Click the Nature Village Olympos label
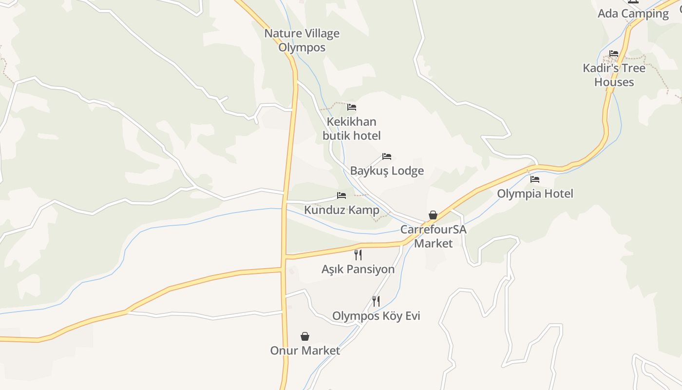coord(302,40)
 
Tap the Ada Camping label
coord(633,14)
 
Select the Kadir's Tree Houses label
coord(614,75)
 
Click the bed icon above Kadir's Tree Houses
coord(614,54)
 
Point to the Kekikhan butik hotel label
coord(352,128)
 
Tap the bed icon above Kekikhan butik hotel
coord(352,107)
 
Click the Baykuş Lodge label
coord(387,171)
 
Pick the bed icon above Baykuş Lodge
coord(387,156)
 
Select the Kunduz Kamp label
coord(341,210)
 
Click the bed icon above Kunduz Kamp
coord(341,195)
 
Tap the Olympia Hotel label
coord(535,194)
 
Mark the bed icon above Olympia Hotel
coord(535,179)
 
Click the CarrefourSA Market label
coord(433,236)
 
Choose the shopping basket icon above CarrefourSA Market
coord(433,215)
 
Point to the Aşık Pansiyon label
coord(358,269)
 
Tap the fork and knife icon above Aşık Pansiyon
coord(358,254)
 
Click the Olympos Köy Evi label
coord(376,316)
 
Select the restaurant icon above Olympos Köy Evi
coord(376,301)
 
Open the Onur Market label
coord(305,351)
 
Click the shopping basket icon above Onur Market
coord(305,336)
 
